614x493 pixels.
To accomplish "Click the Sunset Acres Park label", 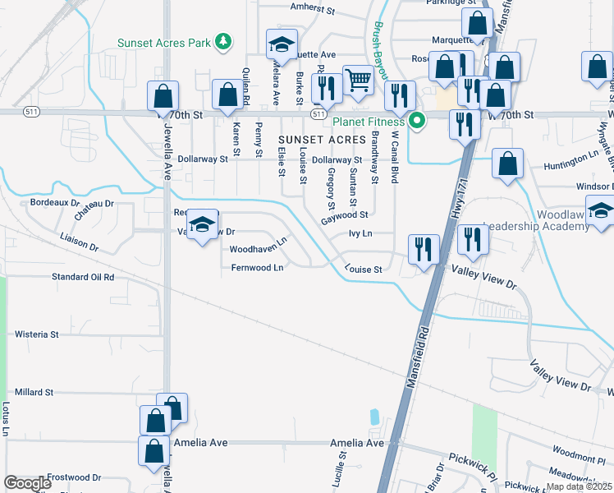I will (163, 43).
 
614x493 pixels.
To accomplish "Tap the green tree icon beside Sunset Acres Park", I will (222, 41).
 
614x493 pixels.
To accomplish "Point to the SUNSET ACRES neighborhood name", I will (321, 141).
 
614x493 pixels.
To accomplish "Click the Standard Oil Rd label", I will (83, 277).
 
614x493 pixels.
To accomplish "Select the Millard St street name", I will (34, 393).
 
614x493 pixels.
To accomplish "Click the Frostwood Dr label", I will (73, 477).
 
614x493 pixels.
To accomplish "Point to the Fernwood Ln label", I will (257, 268).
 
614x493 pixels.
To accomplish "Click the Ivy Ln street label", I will (360, 233).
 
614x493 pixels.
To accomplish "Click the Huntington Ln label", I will (571, 154).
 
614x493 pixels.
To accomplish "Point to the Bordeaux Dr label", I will (54, 202).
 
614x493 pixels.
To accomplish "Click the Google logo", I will (28, 483).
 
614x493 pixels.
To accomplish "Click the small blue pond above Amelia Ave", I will (375, 417).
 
